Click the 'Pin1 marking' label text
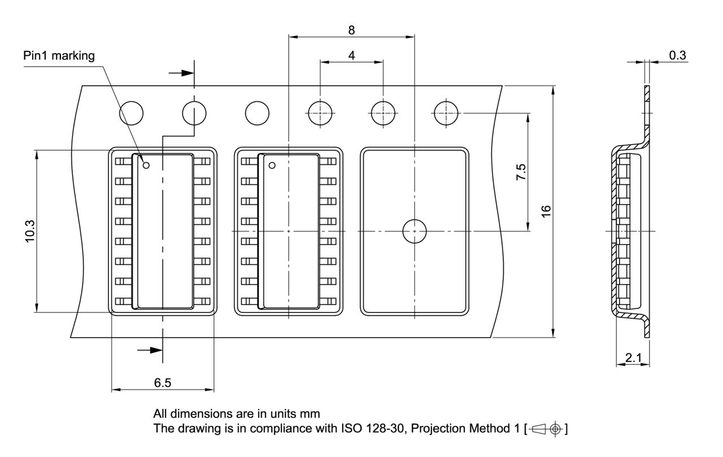pos(59,56)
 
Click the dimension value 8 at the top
pos(351,29)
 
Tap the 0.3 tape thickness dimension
pos(677,55)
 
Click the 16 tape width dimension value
pos(546,212)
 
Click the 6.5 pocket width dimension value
pos(163,383)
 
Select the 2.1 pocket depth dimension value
pos(632,358)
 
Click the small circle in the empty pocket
pos(415,231)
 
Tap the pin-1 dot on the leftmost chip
pos(146,165)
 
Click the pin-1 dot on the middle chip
pos(272,165)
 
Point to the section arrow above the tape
pos(182,73)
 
